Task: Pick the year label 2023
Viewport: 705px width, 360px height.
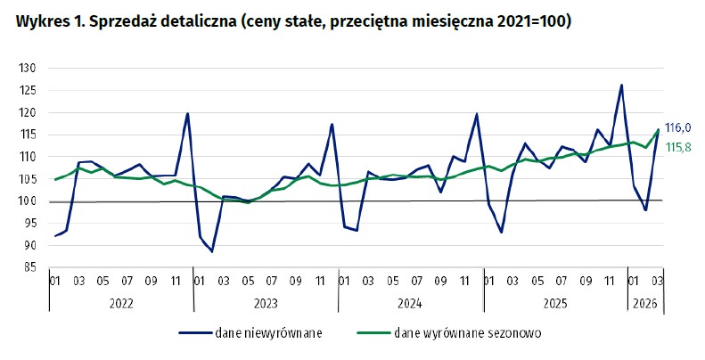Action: pos(266,304)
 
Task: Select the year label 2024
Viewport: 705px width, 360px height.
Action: pos(410,304)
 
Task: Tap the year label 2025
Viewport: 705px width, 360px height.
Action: pos(554,304)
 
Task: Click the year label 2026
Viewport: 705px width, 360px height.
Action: pos(644,304)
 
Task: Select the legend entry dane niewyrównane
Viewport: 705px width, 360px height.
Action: pos(268,334)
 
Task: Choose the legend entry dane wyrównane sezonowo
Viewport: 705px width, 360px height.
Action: pos(467,334)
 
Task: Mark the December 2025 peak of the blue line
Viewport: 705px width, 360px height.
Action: pos(621,86)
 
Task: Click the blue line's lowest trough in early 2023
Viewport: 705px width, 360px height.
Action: pos(212,251)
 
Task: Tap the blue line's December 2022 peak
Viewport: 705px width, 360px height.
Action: pos(188,113)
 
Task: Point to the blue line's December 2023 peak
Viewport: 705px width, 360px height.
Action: pos(332,124)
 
